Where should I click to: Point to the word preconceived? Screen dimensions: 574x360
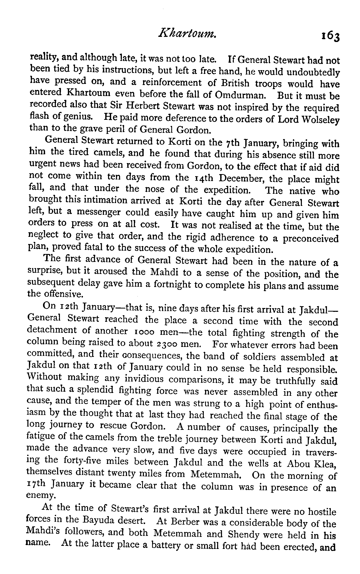pos(311,239)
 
